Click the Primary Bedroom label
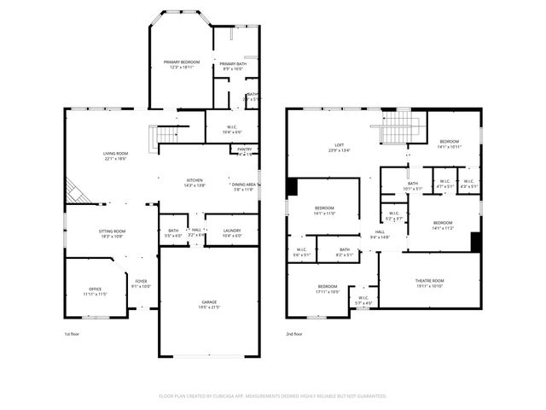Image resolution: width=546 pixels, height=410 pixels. (182, 65)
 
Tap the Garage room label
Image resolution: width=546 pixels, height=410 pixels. (209, 304)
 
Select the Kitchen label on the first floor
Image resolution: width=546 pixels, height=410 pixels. (195, 182)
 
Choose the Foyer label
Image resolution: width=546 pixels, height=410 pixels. (139, 286)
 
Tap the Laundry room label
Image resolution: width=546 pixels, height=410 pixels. (232, 232)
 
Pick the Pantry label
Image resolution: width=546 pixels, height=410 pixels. (244, 151)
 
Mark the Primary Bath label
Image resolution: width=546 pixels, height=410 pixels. (232, 67)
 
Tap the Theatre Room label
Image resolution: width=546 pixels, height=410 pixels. (429, 283)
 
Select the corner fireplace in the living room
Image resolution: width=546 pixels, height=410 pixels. (77, 191)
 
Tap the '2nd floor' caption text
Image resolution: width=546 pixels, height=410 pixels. (294, 334)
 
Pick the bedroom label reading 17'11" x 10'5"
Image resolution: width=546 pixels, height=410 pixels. (328, 289)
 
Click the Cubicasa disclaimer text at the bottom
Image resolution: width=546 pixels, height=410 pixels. (273, 396)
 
